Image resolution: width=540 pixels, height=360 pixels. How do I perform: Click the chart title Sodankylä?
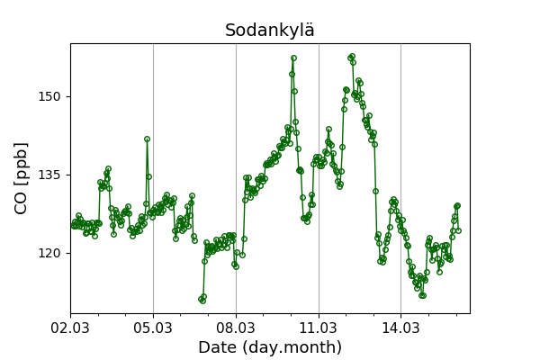coord(270,31)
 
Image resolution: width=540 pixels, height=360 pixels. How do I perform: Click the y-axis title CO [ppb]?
coord(22,177)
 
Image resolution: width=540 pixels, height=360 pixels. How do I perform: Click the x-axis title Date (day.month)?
coord(270,347)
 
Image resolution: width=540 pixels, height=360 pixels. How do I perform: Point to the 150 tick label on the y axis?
coord(49,96)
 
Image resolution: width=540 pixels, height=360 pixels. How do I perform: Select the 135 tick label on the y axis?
coord(49,175)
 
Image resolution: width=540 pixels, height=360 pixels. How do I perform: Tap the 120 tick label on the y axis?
coord(49,253)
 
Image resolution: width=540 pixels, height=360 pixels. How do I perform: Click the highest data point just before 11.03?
coord(293,58)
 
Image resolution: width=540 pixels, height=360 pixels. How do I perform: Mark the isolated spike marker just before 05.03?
coord(147,139)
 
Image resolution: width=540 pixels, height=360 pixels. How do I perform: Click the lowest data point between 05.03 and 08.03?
coord(202,300)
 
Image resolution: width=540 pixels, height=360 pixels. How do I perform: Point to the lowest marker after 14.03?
coord(422,295)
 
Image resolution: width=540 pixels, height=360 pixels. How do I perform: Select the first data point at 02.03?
coord(73,226)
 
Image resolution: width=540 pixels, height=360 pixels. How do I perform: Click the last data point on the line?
coord(458,230)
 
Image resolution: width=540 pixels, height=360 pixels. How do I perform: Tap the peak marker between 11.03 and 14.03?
coord(352,56)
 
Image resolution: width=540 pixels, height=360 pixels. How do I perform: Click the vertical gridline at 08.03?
coord(236,180)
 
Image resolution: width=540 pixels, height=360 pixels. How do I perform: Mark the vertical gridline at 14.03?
coord(401,180)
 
